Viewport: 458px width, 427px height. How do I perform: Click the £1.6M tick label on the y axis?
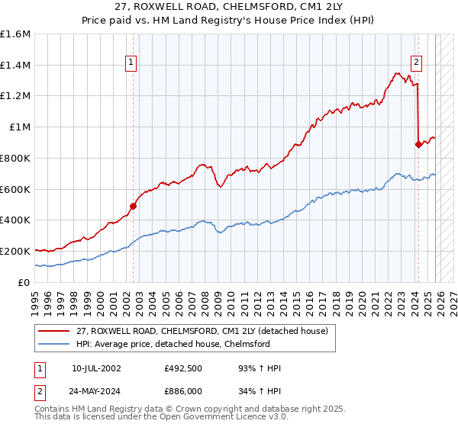click(16, 34)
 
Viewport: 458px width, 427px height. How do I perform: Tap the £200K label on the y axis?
click(16, 251)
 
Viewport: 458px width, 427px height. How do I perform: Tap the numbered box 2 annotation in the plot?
click(417, 63)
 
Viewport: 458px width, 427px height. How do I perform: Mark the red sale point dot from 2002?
click(133, 205)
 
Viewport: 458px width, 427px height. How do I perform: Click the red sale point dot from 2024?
click(418, 144)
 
